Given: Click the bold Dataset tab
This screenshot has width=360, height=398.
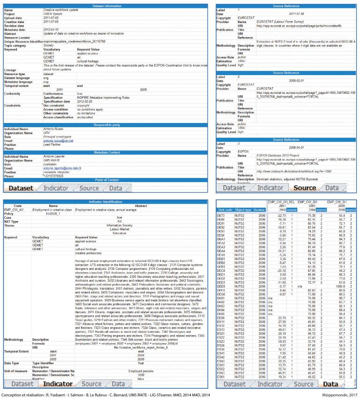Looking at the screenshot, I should tap(22, 188).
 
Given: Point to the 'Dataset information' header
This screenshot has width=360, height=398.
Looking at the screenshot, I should tap(105, 6).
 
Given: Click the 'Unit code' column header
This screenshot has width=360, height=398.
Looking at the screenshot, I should tap(225, 209).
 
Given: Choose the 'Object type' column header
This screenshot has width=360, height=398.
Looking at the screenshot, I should tap(243, 209).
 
